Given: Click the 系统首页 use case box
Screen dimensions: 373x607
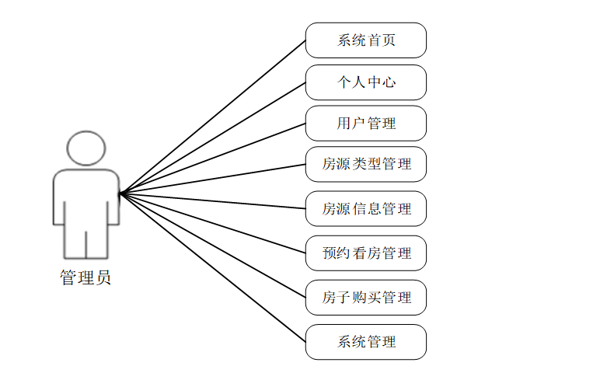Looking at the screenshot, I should tap(365, 40).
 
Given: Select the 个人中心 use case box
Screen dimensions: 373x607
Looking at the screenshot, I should tap(365, 82).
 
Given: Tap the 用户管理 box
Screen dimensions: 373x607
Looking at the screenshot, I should tap(365, 124).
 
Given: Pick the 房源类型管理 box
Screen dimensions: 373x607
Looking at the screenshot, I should tap(365, 165).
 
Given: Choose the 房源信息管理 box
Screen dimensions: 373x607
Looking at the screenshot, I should tap(365, 209).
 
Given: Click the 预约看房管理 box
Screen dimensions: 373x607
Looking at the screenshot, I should tap(365, 253).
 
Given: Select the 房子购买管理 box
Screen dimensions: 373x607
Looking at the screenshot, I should tap(365, 298).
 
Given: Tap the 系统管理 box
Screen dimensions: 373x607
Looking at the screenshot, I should tap(365, 342).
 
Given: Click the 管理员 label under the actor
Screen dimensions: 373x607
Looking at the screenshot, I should tap(85, 278).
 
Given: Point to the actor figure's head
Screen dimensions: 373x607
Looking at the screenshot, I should tap(85, 148).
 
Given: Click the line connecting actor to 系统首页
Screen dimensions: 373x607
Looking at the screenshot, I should tap(213, 116).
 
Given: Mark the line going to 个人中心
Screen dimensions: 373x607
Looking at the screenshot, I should tap(213, 137).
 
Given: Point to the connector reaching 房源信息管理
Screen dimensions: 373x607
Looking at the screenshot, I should tap(213, 200).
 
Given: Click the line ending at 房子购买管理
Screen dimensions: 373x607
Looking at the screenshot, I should tap(213, 245).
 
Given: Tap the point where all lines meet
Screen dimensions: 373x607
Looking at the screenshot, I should tap(120, 193).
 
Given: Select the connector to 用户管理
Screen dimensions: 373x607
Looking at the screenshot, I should tap(213, 158).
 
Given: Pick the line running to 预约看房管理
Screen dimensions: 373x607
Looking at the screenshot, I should tap(213, 223).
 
